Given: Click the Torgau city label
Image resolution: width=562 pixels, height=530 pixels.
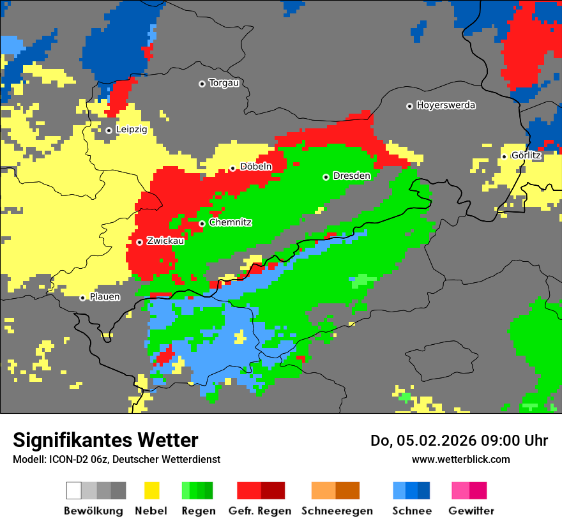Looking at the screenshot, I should (224, 83).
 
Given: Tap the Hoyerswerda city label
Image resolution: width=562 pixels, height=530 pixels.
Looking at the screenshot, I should (446, 105).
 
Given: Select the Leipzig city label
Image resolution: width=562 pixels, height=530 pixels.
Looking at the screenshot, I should (132, 130).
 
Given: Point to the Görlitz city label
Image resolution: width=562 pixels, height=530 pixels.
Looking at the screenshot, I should (526, 155).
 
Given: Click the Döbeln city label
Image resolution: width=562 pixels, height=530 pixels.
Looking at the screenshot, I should (255, 167).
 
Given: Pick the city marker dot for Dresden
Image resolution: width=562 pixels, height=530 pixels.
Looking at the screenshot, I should (326, 177).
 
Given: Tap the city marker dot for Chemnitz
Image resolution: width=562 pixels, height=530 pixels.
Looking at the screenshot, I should (202, 223).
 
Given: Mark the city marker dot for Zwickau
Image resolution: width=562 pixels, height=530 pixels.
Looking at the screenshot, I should (139, 242).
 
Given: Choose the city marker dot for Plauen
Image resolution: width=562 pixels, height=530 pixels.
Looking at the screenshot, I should (82, 298).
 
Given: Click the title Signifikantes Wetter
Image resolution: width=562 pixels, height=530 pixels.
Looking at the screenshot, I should (105, 441).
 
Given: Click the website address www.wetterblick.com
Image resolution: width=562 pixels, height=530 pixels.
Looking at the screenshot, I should (460, 459).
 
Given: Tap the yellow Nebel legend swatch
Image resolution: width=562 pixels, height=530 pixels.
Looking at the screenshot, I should (151, 490).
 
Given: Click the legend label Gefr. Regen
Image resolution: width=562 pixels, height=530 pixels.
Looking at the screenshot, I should (260, 511).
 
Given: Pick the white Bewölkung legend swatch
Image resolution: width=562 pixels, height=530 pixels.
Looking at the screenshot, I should (74, 490).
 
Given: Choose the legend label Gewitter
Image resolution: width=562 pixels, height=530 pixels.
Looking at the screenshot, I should (471, 511).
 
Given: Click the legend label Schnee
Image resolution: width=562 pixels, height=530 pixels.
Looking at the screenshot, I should (411, 511).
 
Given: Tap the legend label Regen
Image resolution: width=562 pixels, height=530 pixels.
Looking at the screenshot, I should (197, 511).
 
